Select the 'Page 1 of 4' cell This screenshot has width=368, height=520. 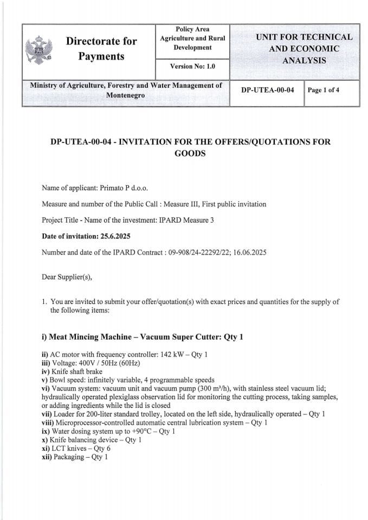click(x=324, y=90)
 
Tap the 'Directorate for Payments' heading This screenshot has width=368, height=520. click(x=101, y=49)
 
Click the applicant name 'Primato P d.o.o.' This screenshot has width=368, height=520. click(x=124, y=188)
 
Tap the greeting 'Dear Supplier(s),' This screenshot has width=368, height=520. click(x=67, y=277)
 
